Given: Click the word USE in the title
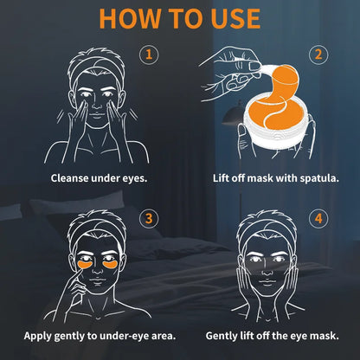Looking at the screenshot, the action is tap(235, 18).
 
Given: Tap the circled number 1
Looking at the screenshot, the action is tap(149, 55).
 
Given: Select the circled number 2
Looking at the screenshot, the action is tap(318, 55).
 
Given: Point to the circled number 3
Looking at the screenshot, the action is tap(149, 218).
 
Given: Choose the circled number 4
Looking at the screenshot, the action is tap(318, 218).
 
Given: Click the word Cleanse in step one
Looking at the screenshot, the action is tap(69, 178).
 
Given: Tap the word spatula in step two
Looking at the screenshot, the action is tap(319, 178).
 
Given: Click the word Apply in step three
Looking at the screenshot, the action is tap(37, 336).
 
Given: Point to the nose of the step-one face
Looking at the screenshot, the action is tap(97, 106).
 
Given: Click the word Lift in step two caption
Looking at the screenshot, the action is tap(219, 178).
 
